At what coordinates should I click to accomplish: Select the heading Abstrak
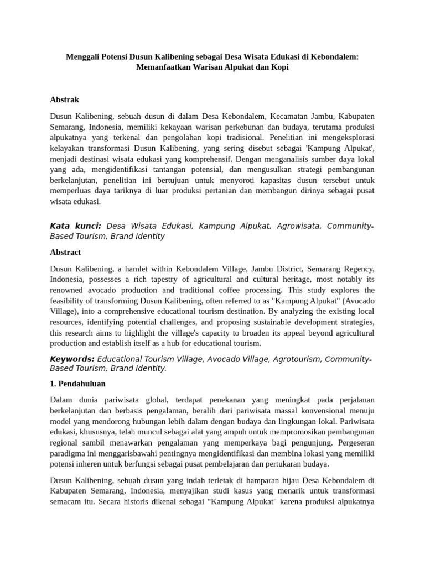pos(65,99)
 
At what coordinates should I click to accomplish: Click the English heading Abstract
pos(65,252)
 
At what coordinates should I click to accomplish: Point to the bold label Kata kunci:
pos(75,226)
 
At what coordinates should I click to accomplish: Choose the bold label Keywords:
pos(72,359)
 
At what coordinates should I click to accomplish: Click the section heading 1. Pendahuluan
pos(77,383)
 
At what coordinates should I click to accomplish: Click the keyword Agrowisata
pos(298,226)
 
